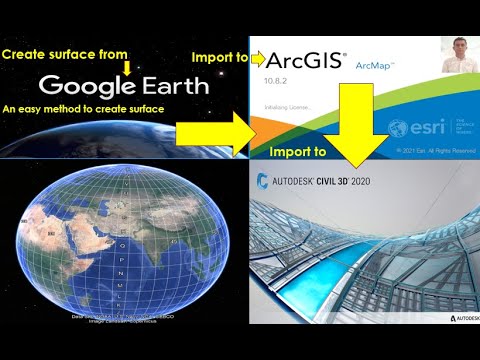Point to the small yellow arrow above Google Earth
click(127, 67)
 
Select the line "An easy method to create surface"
click(85, 108)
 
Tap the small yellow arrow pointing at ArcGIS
click(252, 58)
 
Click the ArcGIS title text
click(300, 63)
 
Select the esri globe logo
click(398, 127)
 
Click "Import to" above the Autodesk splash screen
click(297, 153)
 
